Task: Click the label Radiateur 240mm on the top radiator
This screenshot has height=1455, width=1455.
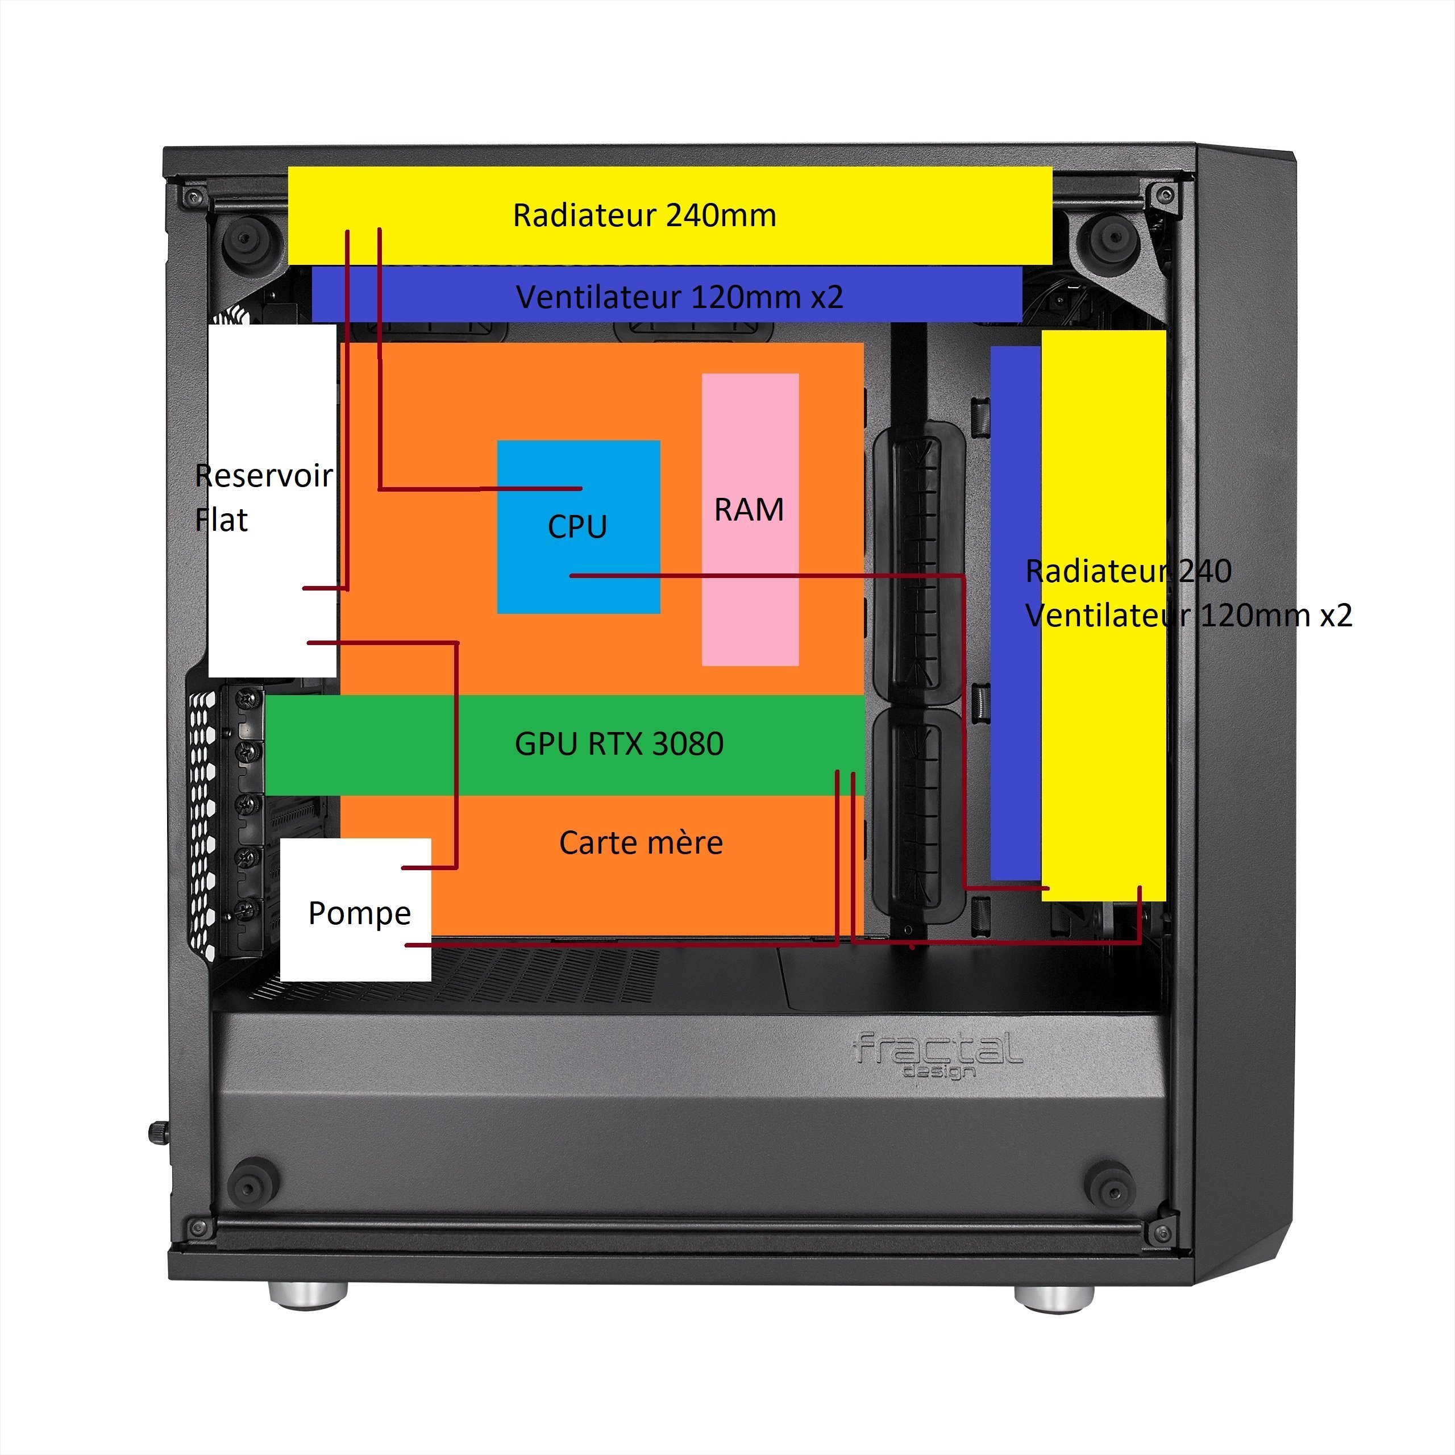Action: click(x=644, y=215)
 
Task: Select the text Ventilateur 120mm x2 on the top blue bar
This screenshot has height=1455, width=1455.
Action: click(x=679, y=297)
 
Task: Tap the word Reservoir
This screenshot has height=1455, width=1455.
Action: click(x=264, y=476)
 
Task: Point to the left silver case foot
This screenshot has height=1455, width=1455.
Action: click(x=308, y=1295)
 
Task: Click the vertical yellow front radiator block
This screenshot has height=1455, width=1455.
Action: click(x=1103, y=716)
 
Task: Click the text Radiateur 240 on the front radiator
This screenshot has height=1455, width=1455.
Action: click(x=1128, y=571)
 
